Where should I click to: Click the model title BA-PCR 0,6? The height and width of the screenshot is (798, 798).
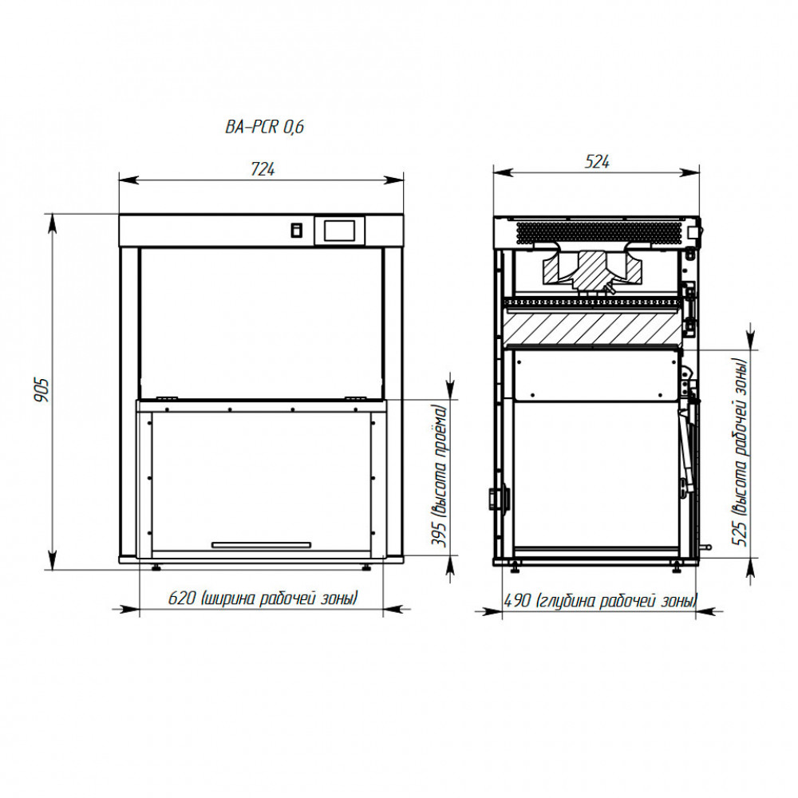tap(265, 126)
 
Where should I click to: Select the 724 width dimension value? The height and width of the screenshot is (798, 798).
tap(263, 169)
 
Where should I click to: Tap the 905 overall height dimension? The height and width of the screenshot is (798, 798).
tap(41, 390)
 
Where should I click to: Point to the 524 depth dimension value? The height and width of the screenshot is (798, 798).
tap(597, 162)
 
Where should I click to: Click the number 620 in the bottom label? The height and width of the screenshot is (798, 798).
tap(182, 598)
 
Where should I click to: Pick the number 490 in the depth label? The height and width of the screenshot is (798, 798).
tap(517, 601)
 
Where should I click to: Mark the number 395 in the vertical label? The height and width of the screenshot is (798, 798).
tap(439, 534)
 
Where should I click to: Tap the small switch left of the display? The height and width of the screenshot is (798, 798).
tap(296, 231)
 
